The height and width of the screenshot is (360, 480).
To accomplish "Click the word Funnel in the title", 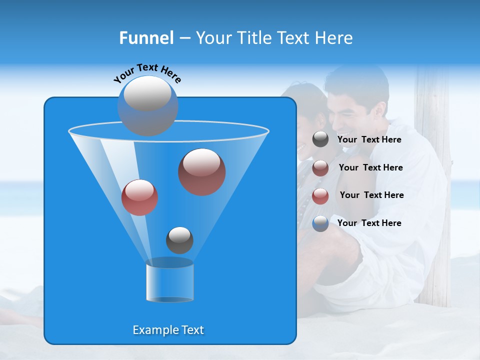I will (146, 38).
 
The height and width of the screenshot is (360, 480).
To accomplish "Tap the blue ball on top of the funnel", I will (147, 106).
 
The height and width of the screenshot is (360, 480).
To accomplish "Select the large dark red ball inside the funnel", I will (201, 171).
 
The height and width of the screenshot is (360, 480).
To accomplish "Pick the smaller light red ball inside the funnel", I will (139, 197).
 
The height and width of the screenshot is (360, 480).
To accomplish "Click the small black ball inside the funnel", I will (179, 240).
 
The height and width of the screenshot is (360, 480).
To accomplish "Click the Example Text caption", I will (168, 330).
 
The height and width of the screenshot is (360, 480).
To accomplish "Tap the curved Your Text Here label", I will (147, 72).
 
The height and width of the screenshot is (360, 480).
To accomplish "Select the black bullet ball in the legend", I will (320, 139).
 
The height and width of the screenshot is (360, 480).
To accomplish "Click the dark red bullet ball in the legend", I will (320, 168).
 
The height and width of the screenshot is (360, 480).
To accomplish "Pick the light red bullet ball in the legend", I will (320, 196).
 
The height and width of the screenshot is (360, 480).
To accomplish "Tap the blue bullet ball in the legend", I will (320, 223).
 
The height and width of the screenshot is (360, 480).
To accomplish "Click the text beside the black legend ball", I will (369, 140).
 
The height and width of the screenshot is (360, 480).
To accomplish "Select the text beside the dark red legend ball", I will (370, 168).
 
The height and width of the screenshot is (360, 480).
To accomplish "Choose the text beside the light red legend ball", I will (371, 195).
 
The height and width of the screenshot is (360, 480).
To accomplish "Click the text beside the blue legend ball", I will (369, 223).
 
